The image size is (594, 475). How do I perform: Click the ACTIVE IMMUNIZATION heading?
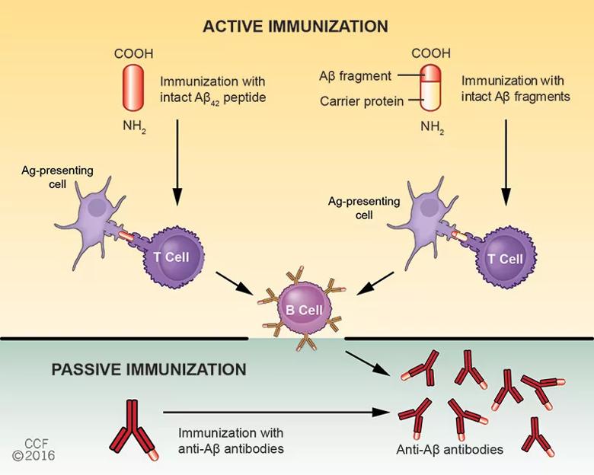pos(295,26)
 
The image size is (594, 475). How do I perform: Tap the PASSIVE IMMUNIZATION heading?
pos(148,370)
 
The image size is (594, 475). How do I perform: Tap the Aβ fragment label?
pos(355,75)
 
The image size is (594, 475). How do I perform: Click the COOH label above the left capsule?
pos(133,53)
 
